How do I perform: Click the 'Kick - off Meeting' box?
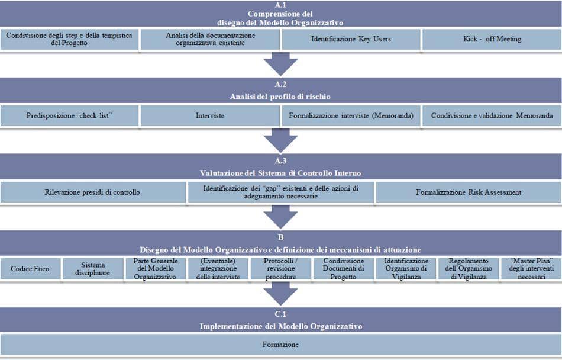(x=492, y=40)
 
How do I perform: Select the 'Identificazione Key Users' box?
(x=351, y=40)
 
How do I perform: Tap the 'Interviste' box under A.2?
(x=210, y=116)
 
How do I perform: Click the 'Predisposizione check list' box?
(x=69, y=116)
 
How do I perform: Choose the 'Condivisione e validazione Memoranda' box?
(x=492, y=116)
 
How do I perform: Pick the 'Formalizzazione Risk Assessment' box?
(x=469, y=192)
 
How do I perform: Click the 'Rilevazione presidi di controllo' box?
(x=93, y=192)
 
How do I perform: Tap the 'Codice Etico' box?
(x=30, y=269)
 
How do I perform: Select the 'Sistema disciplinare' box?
(x=92, y=269)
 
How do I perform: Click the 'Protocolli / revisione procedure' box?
(x=280, y=269)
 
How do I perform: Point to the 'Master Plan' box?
(x=531, y=269)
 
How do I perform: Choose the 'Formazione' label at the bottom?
(x=280, y=345)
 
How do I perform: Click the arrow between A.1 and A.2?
(x=280, y=64)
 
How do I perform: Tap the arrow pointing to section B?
(x=280, y=217)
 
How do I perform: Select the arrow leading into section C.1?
(x=280, y=294)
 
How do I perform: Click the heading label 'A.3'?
(x=280, y=161)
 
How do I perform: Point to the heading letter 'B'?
(x=280, y=237)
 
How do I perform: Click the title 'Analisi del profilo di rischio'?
(x=280, y=97)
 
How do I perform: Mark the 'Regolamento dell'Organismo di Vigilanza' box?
(x=469, y=269)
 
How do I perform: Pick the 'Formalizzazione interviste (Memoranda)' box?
(x=351, y=116)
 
